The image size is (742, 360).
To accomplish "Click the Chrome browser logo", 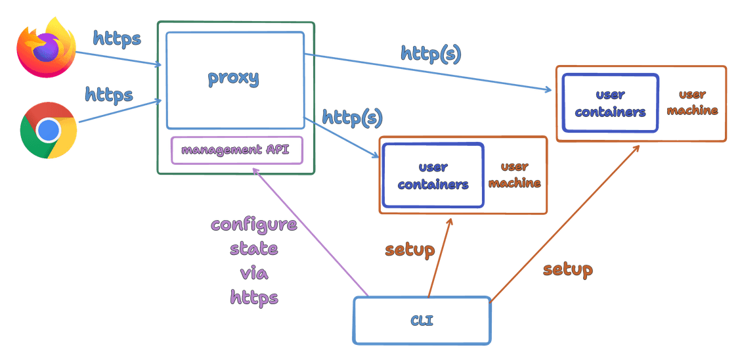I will (x=48, y=130).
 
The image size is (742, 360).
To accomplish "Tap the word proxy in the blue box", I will (x=234, y=78).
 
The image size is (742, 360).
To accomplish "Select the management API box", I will (x=237, y=150).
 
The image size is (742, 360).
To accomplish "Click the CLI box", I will (x=422, y=321).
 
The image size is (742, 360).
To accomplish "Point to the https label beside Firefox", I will (x=117, y=39).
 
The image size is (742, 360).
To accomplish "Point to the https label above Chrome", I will (x=109, y=95).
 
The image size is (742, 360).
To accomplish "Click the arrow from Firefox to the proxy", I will (x=118, y=58).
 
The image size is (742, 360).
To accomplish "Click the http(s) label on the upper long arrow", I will (x=431, y=55).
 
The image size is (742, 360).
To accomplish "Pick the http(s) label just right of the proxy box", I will (x=352, y=118).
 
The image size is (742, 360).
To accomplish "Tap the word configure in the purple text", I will (x=254, y=224).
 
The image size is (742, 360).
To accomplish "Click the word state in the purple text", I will (x=254, y=249).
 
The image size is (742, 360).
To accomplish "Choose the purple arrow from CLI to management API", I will (x=309, y=230).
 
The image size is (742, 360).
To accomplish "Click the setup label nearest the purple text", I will (x=410, y=250).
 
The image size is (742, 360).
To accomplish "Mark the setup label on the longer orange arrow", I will (x=568, y=269).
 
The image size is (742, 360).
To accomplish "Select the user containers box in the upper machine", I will (x=610, y=104).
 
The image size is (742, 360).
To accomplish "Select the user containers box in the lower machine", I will (x=433, y=176).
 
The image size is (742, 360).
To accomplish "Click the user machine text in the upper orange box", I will (x=693, y=102).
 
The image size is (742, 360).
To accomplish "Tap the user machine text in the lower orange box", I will (x=515, y=175).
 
